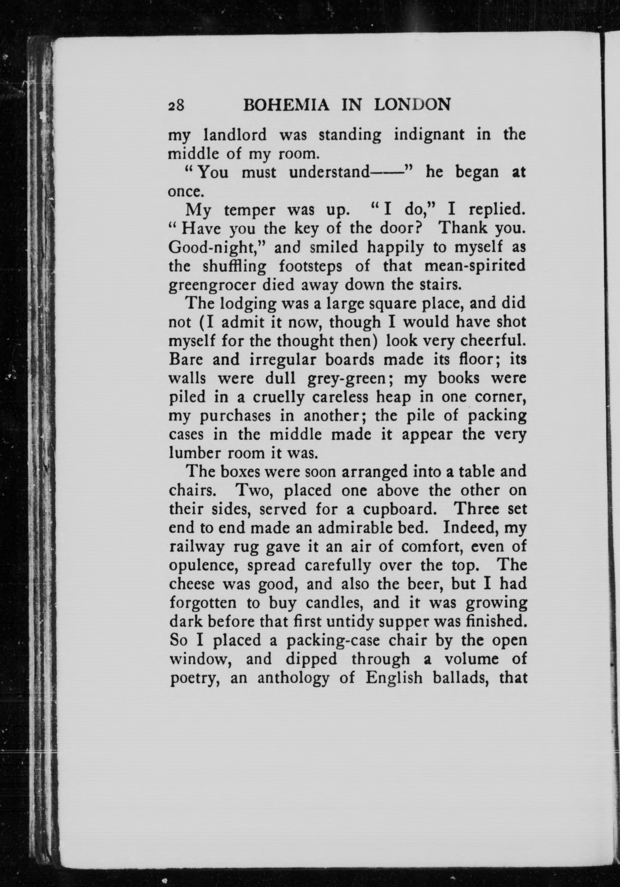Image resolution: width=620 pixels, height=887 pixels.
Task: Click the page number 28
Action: pyautogui.click(x=177, y=105)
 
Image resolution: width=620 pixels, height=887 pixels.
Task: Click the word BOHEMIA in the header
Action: pyautogui.click(x=286, y=105)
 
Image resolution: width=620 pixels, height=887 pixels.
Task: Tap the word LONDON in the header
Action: pyautogui.click(x=412, y=105)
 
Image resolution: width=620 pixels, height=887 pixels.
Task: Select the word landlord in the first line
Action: pyautogui.click(x=235, y=135)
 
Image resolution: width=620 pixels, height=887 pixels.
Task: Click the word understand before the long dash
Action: pyautogui.click(x=329, y=172)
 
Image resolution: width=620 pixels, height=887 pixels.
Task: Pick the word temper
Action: pyautogui.click(x=250, y=210)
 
